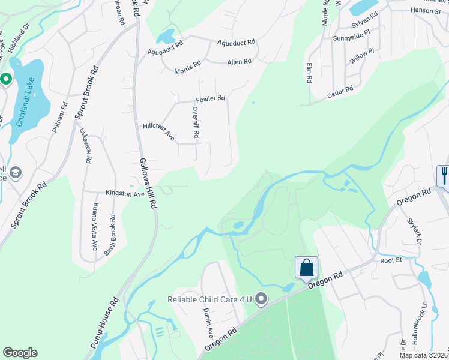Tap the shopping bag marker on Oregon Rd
pyautogui.click(x=306, y=268)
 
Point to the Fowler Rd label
pyautogui.click(x=210, y=98)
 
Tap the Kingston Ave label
pyautogui.click(x=125, y=194)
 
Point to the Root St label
pyautogui.click(x=390, y=260)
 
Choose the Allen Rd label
pyautogui.click(x=239, y=62)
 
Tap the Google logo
pyautogui.click(x=20, y=353)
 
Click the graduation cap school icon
pyautogui.click(x=16, y=173)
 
